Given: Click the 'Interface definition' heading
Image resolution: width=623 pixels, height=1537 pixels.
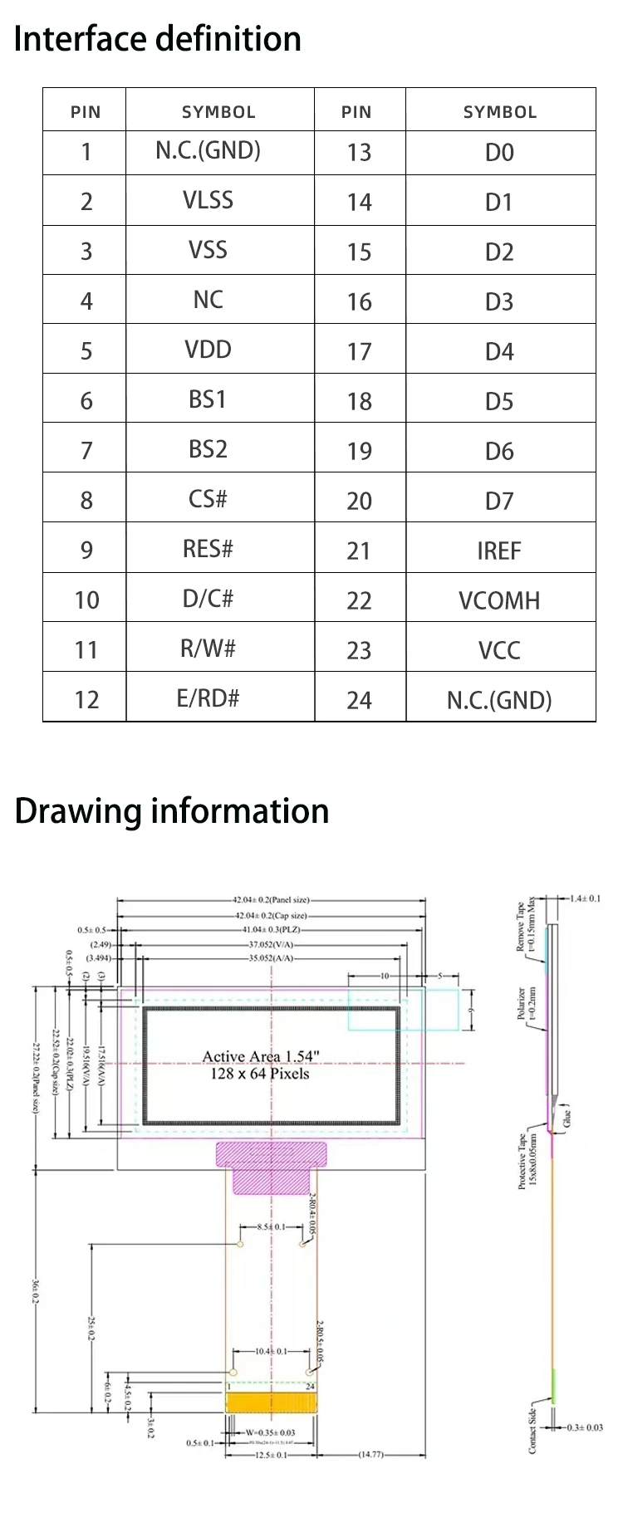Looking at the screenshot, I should [157, 39].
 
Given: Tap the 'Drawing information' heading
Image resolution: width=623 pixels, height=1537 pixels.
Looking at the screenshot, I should [171, 811].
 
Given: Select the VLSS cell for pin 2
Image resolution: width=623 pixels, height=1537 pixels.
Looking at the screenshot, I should [208, 200].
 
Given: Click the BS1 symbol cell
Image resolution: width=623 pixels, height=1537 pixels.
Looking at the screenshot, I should [208, 399].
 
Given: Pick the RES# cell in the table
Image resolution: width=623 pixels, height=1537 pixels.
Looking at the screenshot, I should [208, 549].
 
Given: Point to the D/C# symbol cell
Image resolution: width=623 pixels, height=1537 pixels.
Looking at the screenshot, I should [208, 599].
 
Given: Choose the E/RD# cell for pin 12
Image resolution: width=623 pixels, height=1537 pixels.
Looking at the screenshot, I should [208, 698].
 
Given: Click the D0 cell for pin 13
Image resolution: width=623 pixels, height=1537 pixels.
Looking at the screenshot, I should [499, 152].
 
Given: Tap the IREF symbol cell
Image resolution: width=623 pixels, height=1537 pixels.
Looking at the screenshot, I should [499, 551].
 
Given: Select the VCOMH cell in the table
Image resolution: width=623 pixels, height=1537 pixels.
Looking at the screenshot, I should [499, 600].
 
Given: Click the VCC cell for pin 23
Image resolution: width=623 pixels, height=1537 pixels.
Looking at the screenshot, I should [499, 650].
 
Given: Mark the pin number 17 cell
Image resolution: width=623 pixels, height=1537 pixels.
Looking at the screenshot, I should [359, 351].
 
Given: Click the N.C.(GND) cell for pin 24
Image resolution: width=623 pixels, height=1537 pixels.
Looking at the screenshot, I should [499, 700].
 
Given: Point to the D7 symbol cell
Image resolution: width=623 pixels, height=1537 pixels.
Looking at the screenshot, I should [499, 501].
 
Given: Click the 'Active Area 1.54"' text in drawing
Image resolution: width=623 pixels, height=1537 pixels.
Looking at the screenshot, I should [260, 1056].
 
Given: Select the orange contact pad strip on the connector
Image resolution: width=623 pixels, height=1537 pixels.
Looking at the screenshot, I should [272, 1402].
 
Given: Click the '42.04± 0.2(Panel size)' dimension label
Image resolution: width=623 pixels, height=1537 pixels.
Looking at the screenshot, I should [271, 899].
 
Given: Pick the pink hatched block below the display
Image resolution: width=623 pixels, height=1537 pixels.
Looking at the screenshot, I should [272, 1167].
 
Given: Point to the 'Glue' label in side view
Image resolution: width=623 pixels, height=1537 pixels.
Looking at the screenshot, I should [567, 1118].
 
